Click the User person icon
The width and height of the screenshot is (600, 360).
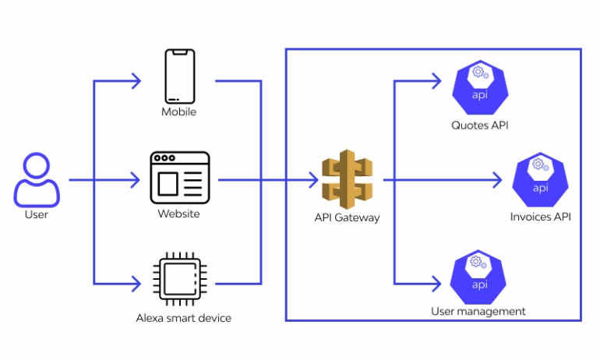tap(36, 180)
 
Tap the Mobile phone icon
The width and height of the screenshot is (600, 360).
tap(179, 76)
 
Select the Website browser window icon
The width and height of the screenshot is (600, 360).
tap(180, 176)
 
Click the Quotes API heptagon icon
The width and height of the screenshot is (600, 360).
tap(480, 88)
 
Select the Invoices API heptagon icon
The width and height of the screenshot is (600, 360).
tap(540, 181)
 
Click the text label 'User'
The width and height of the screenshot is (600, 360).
tap(36, 214)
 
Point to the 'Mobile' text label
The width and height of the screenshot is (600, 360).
tap(179, 112)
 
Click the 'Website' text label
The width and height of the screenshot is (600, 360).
tap(179, 214)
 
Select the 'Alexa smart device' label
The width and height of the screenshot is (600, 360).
tap(184, 318)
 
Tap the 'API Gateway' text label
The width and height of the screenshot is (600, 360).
tap(347, 217)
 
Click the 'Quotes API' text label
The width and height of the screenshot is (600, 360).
tap(480, 125)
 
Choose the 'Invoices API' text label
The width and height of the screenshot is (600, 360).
tap(540, 217)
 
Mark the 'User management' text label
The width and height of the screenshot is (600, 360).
tap(478, 312)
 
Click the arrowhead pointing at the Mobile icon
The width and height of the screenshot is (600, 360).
tap(136, 79)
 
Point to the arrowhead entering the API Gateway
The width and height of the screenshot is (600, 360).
tap(314, 180)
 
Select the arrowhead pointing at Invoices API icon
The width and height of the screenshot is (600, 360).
tap(499, 180)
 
